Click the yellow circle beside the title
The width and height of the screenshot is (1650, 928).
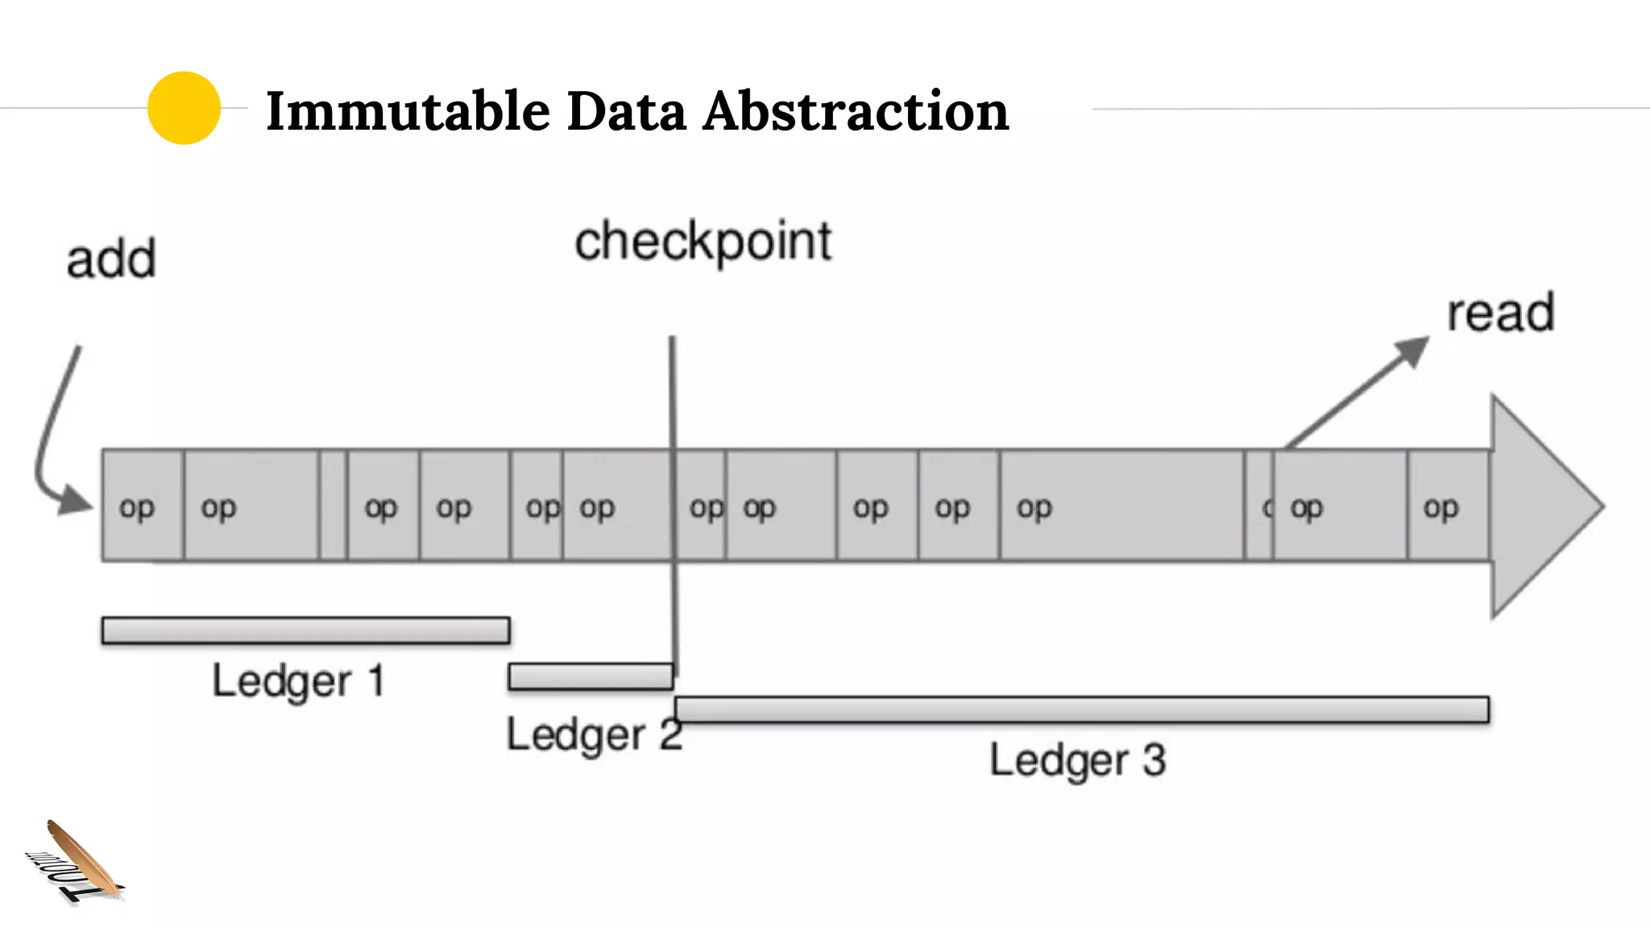(184, 108)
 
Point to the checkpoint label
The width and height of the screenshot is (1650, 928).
(703, 242)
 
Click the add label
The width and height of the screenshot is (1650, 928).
(111, 259)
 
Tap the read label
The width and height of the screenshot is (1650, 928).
(1500, 313)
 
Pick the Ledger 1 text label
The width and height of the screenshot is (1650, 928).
(297, 681)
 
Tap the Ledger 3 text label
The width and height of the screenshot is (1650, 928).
(1077, 760)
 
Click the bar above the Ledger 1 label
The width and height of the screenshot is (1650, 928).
(305, 630)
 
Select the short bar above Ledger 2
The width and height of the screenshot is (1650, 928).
(591, 677)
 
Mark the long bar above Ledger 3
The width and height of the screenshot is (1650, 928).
(1081, 710)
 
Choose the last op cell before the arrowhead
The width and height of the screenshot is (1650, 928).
(1448, 505)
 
